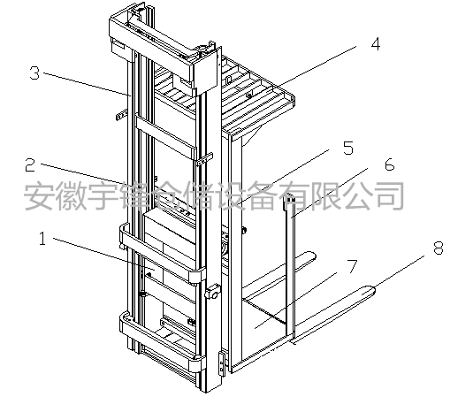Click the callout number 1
[x=42, y=239]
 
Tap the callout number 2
[x=30, y=164]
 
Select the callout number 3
[x=34, y=73]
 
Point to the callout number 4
[x=376, y=43]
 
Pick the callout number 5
[x=348, y=148]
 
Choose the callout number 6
[x=389, y=164]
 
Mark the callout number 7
[x=353, y=266]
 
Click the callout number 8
[x=439, y=248]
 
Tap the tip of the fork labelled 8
[x=374, y=290]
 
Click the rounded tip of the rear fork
[x=314, y=256]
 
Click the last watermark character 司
[x=388, y=195]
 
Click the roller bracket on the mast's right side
[x=212, y=292]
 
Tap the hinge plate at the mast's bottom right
[x=222, y=363]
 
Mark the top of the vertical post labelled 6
[x=291, y=195]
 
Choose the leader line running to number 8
[x=400, y=271]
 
